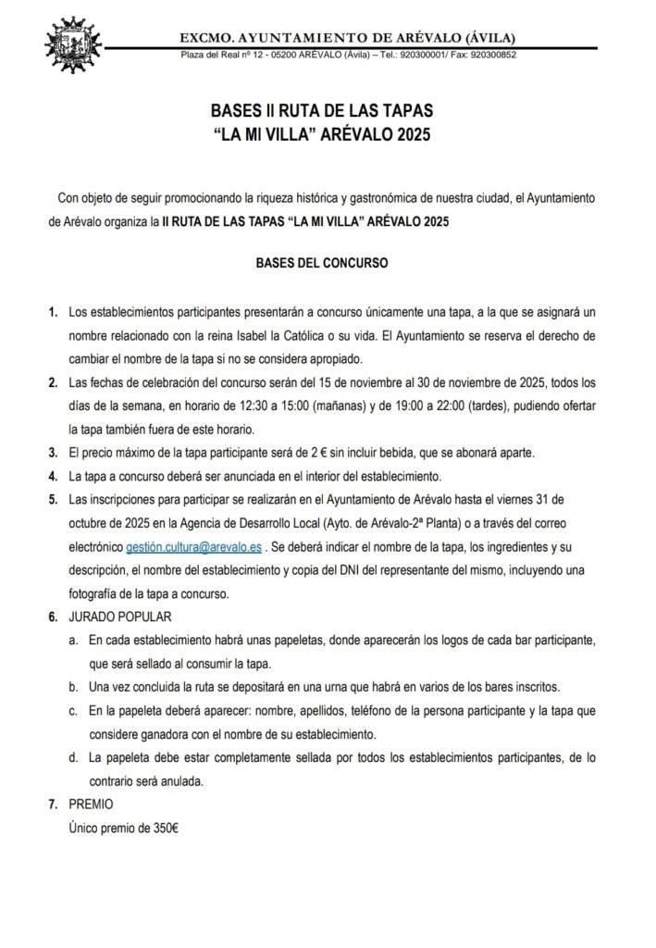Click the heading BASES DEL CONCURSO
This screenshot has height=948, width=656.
(x=321, y=263)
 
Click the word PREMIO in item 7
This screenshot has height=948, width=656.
(x=92, y=805)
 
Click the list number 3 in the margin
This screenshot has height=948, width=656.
(x=53, y=452)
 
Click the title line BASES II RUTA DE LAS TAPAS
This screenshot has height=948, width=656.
(x=321, y=111)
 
